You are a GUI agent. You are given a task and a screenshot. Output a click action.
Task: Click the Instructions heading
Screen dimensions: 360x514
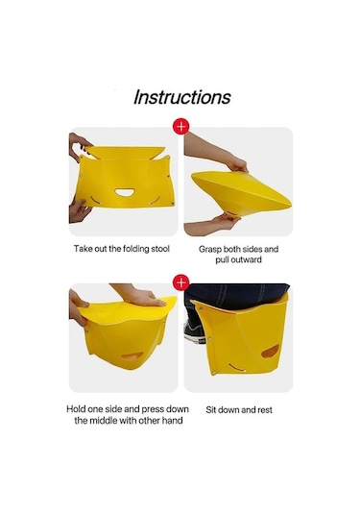click(182, 97)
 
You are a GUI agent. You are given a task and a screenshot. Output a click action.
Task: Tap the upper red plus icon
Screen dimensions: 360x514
click(181, 126)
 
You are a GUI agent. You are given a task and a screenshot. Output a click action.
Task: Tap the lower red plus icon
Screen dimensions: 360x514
click(181, 282)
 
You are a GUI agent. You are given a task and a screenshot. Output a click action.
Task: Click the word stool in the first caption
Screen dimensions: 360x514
click(160, 249)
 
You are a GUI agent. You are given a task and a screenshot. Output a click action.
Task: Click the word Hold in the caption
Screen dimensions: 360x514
click(76, 409)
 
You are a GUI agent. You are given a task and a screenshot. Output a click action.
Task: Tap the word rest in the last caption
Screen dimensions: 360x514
click(265, 410)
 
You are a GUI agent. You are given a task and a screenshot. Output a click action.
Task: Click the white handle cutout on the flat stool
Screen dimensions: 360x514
click(125, 192)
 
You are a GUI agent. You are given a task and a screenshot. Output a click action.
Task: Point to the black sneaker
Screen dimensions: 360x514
click(194, 331)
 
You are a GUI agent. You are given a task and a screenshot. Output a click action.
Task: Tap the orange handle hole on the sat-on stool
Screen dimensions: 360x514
click(271, 351)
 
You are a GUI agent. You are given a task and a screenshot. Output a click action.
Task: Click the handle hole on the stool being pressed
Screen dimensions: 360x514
click(132, 356)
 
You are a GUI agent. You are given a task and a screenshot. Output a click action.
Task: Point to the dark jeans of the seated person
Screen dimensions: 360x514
click(236, 296)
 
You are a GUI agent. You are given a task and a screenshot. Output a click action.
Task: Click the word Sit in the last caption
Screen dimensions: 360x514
click(211, 409)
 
